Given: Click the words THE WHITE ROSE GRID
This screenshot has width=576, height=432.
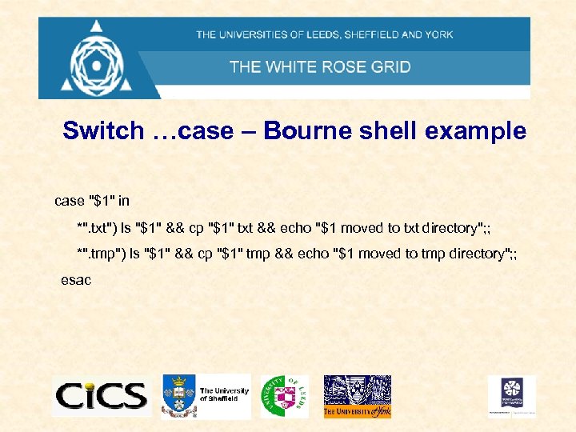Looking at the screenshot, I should click(x=320, y=66).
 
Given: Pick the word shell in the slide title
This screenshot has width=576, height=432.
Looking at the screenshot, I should click(x=389, y=131).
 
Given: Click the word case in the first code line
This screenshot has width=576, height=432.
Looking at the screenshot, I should click(x=68, y=199).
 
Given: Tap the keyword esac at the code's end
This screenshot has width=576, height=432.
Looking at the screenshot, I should click(x=76, y=280).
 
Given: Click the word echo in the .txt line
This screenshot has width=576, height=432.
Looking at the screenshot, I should click(x=296, y=228).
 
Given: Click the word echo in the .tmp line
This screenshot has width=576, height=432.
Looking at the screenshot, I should click(x=309, y=254).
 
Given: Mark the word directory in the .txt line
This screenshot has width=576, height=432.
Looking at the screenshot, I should click(x=448, y=228).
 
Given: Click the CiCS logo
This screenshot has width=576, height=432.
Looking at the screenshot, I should click(x=102, y=395).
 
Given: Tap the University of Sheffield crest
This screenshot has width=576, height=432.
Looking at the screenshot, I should click(x=178, y=395).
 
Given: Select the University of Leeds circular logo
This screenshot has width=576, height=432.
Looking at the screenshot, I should click(x=284, y=395).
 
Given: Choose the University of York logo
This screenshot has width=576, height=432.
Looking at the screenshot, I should click(x=357, y=396).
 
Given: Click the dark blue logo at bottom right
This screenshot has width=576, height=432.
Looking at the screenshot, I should click(x=511, y=394).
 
